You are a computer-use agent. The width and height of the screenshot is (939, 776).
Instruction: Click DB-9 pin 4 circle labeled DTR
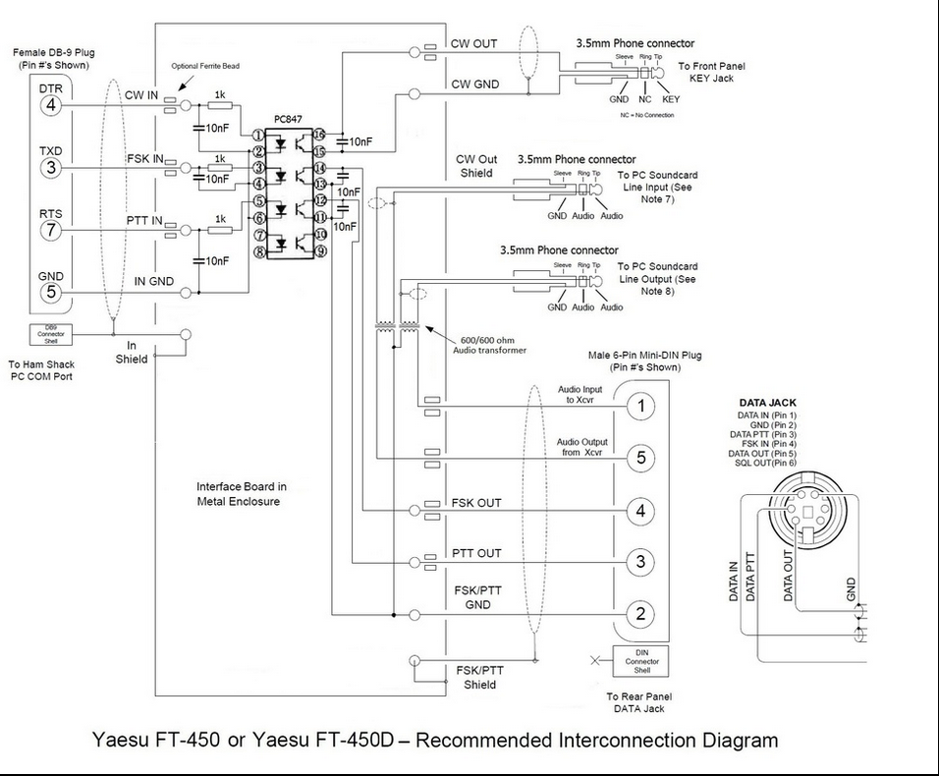point(51,106)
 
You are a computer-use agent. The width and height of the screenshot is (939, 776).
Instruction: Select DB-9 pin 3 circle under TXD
point(51,169)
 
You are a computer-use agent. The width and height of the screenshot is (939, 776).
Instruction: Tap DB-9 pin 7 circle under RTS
point(51,231)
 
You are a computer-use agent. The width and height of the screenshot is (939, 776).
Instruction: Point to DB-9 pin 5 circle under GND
point(51,293)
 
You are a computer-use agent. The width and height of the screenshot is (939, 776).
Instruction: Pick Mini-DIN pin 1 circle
point(640,406)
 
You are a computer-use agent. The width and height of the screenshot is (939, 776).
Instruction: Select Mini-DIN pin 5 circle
point(640,458)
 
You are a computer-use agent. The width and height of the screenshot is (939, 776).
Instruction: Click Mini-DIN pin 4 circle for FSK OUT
point(640,511)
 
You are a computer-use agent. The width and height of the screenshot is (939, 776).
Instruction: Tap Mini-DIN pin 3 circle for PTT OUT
point(640,562)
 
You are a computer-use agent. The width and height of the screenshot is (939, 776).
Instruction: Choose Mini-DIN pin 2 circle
point(640,615)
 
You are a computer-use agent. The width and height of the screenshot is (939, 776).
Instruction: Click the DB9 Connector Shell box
point(50,335)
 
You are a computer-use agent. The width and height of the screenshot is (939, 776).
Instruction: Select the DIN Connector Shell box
point(635,661)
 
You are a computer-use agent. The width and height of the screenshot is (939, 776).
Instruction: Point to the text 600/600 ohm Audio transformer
point(482,344)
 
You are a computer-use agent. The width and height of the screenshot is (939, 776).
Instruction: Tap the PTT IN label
point(144,220)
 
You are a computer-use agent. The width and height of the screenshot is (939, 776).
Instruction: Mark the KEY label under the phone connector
point(671,99)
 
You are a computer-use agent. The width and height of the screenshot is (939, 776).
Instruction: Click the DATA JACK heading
point(767,403)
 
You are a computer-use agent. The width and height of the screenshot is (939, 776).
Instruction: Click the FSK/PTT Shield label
point(480,677)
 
